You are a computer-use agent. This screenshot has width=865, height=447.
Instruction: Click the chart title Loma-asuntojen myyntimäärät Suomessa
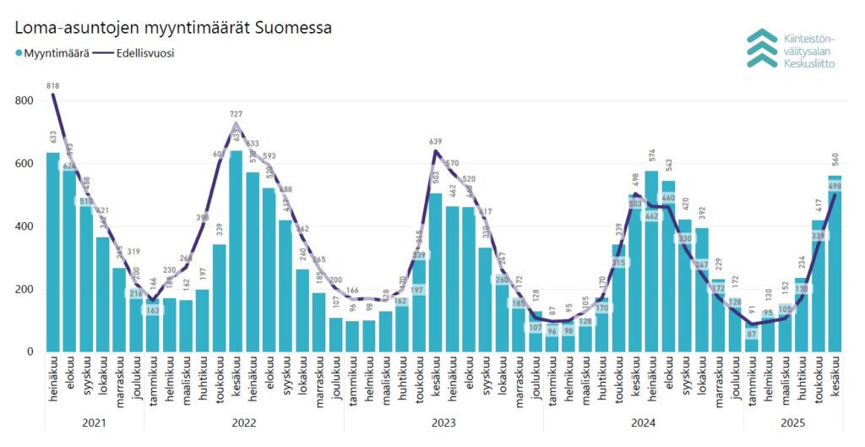click(173, 27)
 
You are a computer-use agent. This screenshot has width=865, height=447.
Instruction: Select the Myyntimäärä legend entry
click(52, 53)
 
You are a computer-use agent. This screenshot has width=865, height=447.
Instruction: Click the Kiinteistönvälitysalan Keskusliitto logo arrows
click(762, 48)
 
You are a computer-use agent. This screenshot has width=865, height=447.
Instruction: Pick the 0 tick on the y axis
click(29, 352)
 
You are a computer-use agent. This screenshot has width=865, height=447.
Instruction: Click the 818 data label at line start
click(53, 84)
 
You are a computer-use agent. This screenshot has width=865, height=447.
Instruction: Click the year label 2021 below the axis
click(95, 423)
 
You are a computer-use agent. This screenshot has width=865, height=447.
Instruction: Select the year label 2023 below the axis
click(444, 423)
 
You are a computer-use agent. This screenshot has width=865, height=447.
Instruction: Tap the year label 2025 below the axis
click(793, 423)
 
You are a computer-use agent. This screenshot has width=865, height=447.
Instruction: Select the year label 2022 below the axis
click(245, 423)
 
